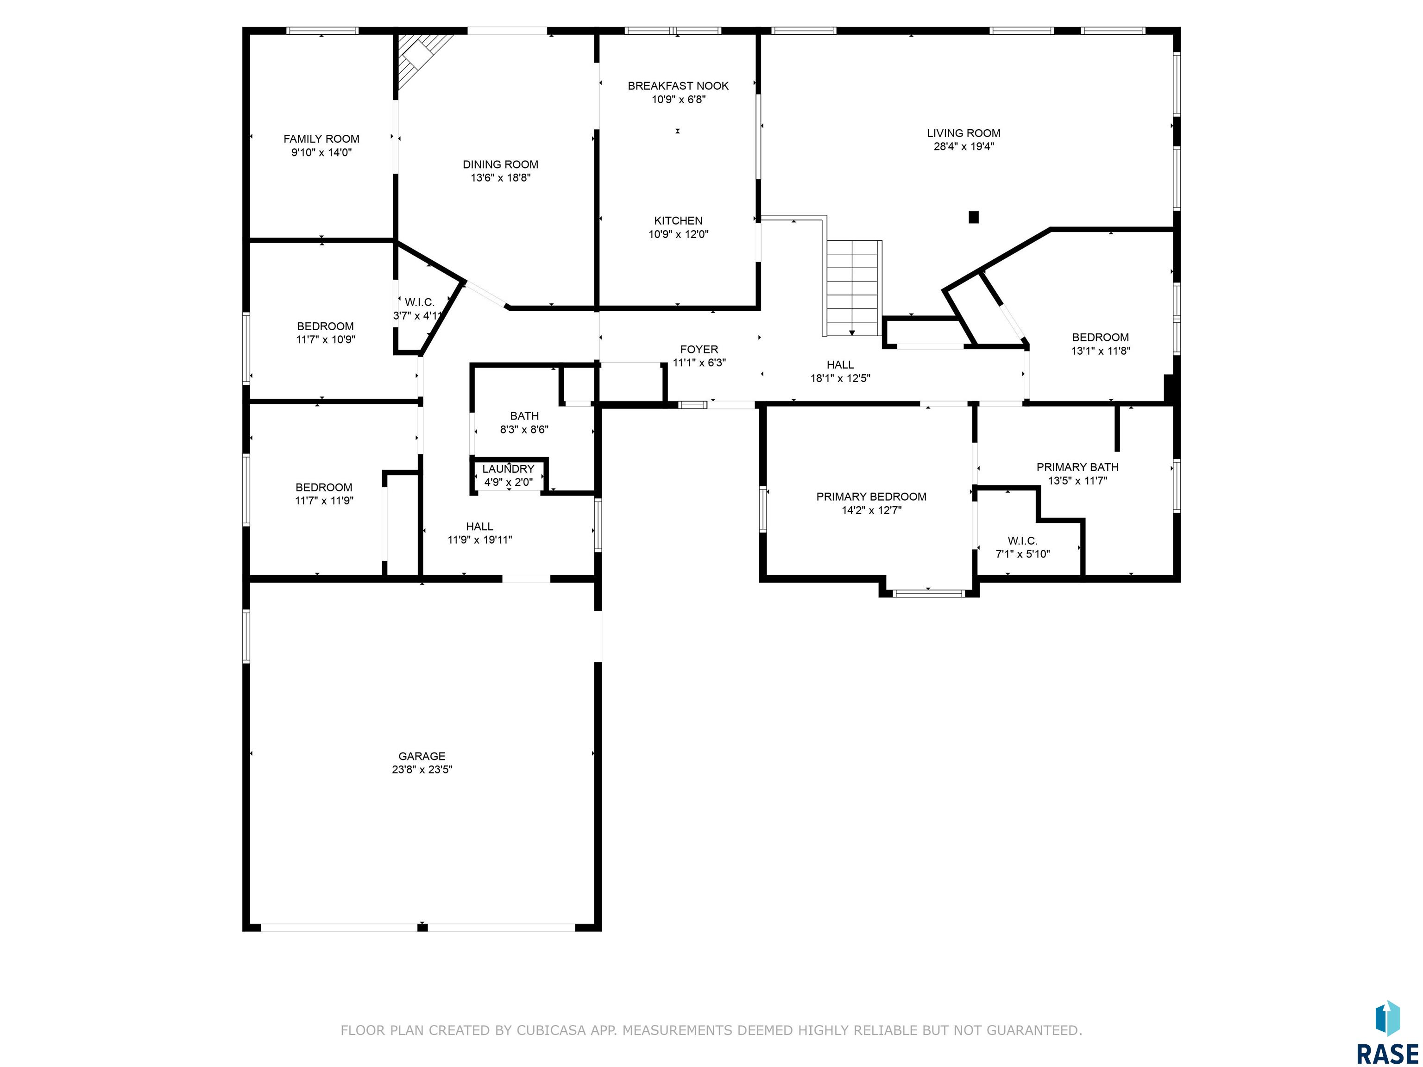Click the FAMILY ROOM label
321,139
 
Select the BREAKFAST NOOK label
678,86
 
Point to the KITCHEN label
678,220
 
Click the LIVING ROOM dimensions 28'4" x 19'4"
963,147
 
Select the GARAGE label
422,756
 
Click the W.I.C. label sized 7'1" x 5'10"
1023,541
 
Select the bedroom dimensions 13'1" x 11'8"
1101,351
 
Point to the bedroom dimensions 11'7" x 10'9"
326,339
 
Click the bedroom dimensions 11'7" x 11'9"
324,501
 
